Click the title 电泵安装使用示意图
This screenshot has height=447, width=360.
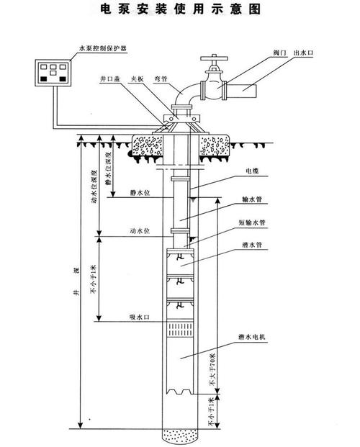(181, 9)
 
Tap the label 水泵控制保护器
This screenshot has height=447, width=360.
(102, 48)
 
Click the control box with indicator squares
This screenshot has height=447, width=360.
(53, 73)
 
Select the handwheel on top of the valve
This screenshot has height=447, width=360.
(214, 58)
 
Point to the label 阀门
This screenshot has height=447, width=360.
(280, 53)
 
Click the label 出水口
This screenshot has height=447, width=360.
(304, 53)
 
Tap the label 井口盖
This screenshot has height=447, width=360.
(110, 79)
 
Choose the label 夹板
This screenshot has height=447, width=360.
(138, 79)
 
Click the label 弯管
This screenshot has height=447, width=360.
(161, 79)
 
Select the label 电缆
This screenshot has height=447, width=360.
(252, 171)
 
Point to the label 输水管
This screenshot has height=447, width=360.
(252, 199)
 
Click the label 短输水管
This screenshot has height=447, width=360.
(252, 222)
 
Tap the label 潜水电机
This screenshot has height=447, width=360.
(252, 337)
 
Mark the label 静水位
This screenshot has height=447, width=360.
(140, 193)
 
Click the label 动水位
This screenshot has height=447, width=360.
(140, 231)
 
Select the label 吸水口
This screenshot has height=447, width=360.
(140, 317)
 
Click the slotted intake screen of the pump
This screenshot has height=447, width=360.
(180, 330)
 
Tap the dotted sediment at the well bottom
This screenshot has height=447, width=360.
(180, 435)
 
